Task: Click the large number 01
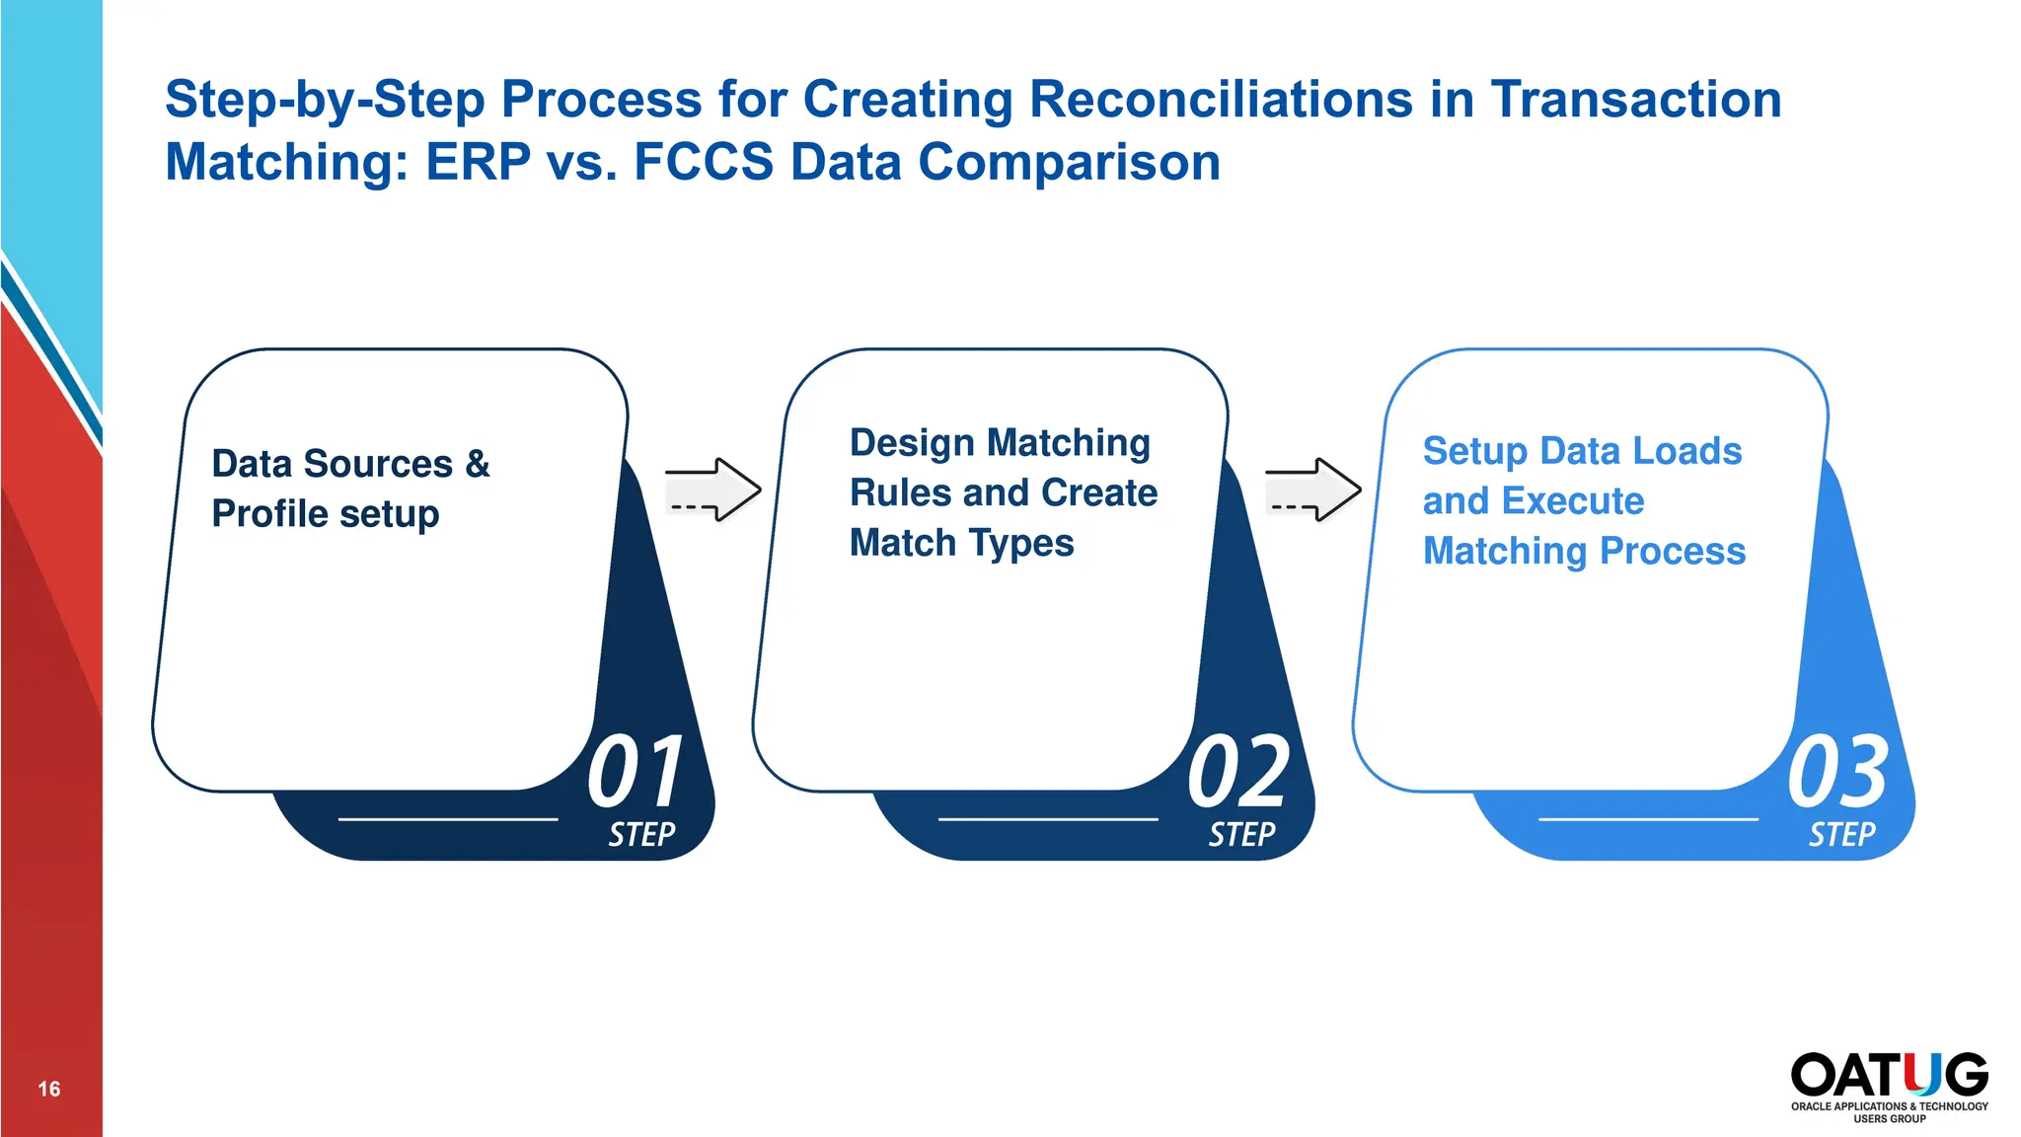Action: click(636, 771)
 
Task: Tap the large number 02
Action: click(1237, 771)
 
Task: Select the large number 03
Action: click(1837, 771)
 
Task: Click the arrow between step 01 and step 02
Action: click(712, 490)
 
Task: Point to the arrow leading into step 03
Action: click(1312, 490)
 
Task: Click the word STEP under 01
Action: click(641, 835)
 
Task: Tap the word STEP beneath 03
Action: click(1841, 835)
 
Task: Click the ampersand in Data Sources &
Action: click(478, 464)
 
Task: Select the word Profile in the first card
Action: click(269, 514)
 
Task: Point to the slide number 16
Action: click(49, 1089)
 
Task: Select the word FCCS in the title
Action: click(703, 162)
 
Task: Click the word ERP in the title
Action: click(478, 162)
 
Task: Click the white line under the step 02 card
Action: click(1048, 819)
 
